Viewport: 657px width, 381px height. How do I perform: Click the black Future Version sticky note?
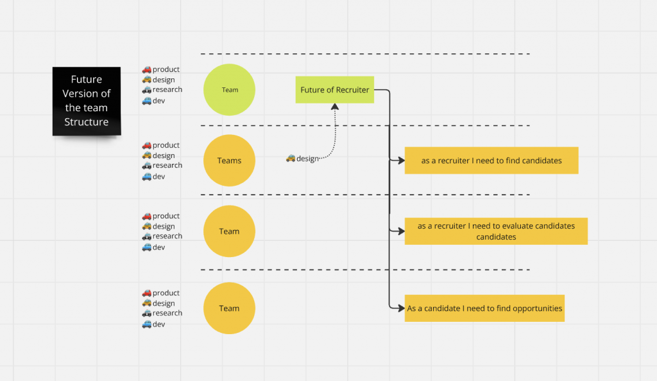[x=87, y=101]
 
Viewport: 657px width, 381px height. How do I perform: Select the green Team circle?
[x=229, y=90]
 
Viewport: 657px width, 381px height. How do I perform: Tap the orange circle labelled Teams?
[x=229, y=160]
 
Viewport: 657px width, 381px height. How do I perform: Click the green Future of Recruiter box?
[x=335, y=90]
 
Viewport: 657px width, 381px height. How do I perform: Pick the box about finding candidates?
[x=491, y=160]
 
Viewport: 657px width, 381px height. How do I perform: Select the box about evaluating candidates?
[x=496, y=231]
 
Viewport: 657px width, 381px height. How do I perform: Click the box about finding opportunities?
[x=484, y=308]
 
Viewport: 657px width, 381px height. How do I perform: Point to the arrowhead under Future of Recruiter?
[x=335, y=107]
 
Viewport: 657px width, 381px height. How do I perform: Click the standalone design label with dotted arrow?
[x=303, y=159]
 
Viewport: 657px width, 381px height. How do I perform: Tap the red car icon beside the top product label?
[x=147, y=69]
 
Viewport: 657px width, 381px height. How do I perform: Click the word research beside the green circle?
[x=167, y=89]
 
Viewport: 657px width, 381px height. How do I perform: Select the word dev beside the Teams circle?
[x=159, y=177]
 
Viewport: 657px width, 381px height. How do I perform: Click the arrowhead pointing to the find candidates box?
[x=401, y=160]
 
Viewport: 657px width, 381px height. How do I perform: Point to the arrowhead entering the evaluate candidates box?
[x=401, y=231]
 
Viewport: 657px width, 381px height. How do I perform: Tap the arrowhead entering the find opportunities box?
[x=401, y=308]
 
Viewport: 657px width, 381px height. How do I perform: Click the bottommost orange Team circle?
[x=229, y=308]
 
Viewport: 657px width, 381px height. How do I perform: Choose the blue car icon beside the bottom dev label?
[x=147, y=324]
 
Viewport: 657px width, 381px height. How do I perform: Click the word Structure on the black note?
[x=87, y=122]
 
